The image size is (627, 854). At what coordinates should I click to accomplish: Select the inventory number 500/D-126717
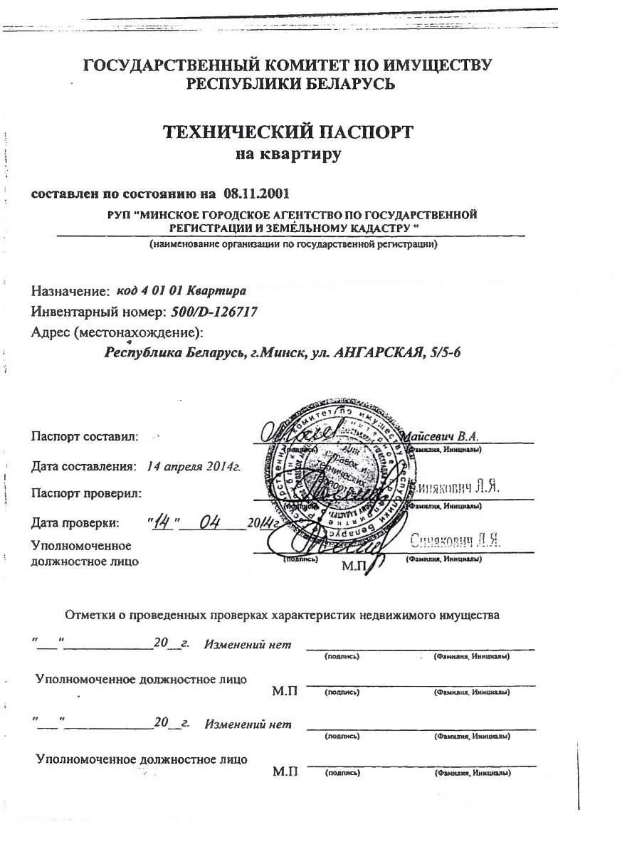coord(214,311)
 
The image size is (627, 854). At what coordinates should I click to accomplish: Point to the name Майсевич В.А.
coord(441,436)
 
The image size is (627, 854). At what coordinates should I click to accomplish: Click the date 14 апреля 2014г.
coord(193,467)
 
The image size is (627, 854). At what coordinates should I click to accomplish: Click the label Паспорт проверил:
coord(86,492)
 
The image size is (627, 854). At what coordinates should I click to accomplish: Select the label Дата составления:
coord(83,467)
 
